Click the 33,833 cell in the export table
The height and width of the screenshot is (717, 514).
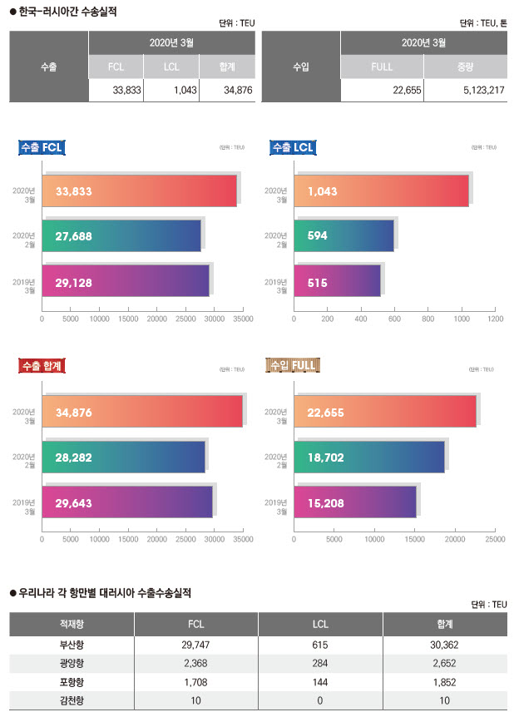pos(116,90)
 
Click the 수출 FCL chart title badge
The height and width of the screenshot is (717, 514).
pos(42,148)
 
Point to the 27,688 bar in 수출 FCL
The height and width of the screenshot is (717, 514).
pos(121,235)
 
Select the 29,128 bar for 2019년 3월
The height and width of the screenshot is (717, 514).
pos(126,282)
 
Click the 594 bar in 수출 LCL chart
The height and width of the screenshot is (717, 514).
pos(343,235)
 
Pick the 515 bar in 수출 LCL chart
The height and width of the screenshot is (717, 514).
pos(337,282)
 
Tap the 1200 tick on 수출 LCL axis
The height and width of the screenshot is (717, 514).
pos(495,318)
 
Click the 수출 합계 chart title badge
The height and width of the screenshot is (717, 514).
pos(42,365)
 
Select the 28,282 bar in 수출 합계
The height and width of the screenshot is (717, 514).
pos(123,457)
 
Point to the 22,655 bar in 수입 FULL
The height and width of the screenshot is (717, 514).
pos(384,411)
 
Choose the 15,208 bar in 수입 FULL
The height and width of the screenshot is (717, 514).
pos(354,502)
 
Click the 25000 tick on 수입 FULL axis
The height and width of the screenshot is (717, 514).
pos(495,538)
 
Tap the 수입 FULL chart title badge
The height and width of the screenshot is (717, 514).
pos(294,365)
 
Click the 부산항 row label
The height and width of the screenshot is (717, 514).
pos(72,645)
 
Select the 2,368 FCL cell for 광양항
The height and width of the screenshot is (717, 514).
pos(196,663)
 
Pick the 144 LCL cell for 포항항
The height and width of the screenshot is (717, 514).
pos(321,681)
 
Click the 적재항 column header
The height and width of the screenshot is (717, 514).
pos(72,624)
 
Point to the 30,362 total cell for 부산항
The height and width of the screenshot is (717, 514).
pos(444,645)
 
